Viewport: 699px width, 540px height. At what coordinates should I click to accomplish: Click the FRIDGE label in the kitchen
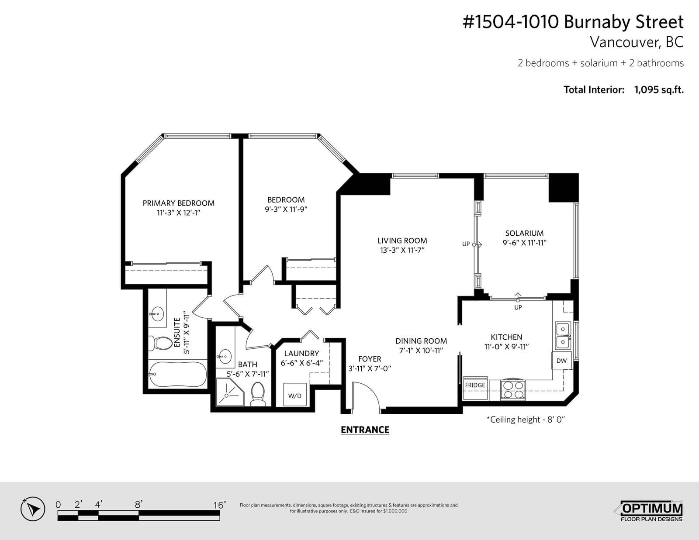(x=475, y=385)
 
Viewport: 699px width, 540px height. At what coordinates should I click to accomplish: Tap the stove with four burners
(x=513, y=390)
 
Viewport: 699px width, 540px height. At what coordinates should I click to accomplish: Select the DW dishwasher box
(x=561, y=361)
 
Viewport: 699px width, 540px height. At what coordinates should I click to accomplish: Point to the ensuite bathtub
(x=177, y=375)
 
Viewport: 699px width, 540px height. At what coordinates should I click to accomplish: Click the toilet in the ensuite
(x=160, y=343)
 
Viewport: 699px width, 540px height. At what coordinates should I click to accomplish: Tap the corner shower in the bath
(x=230, y=392)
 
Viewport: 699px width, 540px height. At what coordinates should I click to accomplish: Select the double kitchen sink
(x=563, y=336)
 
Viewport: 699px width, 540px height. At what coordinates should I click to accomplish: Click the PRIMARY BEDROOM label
(x=179, y=203)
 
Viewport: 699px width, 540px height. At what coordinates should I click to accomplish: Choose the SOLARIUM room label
(x=524, y=233)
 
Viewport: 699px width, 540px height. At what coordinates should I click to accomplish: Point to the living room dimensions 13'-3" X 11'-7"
(x=402, y=250)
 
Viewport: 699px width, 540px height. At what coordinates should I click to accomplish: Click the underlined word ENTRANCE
(x=365, y=430)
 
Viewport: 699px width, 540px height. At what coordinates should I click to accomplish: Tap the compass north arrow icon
(x=33, y=509)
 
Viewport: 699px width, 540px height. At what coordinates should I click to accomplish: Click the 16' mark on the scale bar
(x=220, y=505)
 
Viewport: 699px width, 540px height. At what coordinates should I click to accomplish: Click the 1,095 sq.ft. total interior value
(x=659, y=89)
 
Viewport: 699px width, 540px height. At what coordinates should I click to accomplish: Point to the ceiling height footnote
(x=526, y=420)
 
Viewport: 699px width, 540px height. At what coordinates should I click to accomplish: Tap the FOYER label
(x=370, y=359)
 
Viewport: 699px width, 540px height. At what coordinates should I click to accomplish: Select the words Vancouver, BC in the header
(x=637, y=42)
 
